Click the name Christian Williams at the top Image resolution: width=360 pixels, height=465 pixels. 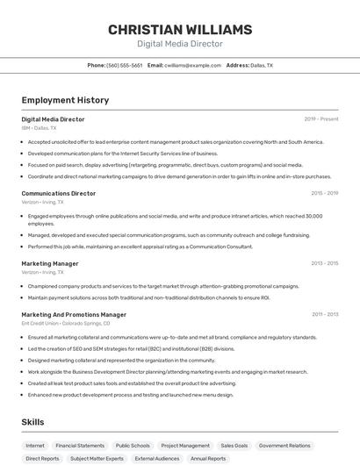(180, 29)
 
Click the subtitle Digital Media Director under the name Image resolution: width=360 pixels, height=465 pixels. (180, 44)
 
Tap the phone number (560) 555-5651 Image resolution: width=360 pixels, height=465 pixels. (124, 65)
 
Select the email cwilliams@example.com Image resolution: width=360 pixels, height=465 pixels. (192, 65)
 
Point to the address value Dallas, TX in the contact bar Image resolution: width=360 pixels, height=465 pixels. (262, 65)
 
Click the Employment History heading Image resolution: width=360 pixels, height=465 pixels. (65, 100)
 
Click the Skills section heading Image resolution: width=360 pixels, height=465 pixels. (33, 422)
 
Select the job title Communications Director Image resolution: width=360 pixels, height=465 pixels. (59, 193)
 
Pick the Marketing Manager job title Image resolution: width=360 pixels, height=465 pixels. (50, 263)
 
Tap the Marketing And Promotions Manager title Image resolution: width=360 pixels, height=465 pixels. (74, 314)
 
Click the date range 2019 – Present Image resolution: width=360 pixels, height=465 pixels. (321, 119)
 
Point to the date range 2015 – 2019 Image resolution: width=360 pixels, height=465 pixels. (324, 193)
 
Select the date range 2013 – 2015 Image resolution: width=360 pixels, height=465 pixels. (324, 263)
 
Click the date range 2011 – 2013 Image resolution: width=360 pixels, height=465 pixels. (324, 314)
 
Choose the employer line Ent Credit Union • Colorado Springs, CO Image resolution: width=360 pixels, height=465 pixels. (66, 323)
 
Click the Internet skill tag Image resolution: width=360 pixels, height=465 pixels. (35, 446)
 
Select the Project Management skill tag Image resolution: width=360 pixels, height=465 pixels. (185, 446)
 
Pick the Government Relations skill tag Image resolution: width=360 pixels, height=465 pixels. (284, 446)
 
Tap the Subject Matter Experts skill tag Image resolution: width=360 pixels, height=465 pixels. (97, 458)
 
